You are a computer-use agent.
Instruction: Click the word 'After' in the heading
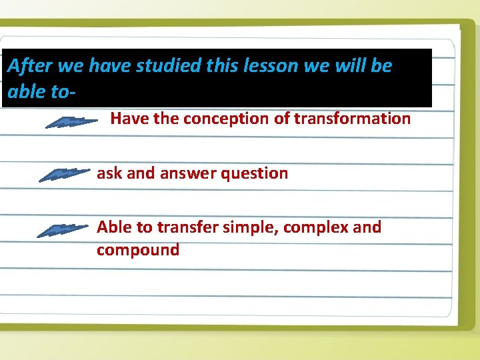pos(30,66)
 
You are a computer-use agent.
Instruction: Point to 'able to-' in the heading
pos(38,91)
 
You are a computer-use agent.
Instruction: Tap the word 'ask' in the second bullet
pos(110,173)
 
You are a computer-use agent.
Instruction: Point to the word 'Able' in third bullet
pos(115,227)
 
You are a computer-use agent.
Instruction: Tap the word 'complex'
pos(316,227)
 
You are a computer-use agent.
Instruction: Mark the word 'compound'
pos(138,251)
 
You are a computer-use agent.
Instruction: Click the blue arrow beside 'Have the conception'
pos(74,122)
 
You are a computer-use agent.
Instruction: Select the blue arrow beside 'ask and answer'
pos(64,175)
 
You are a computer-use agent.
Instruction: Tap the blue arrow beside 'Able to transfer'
pos(63,230)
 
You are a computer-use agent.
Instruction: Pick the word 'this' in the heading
pos(222,66)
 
